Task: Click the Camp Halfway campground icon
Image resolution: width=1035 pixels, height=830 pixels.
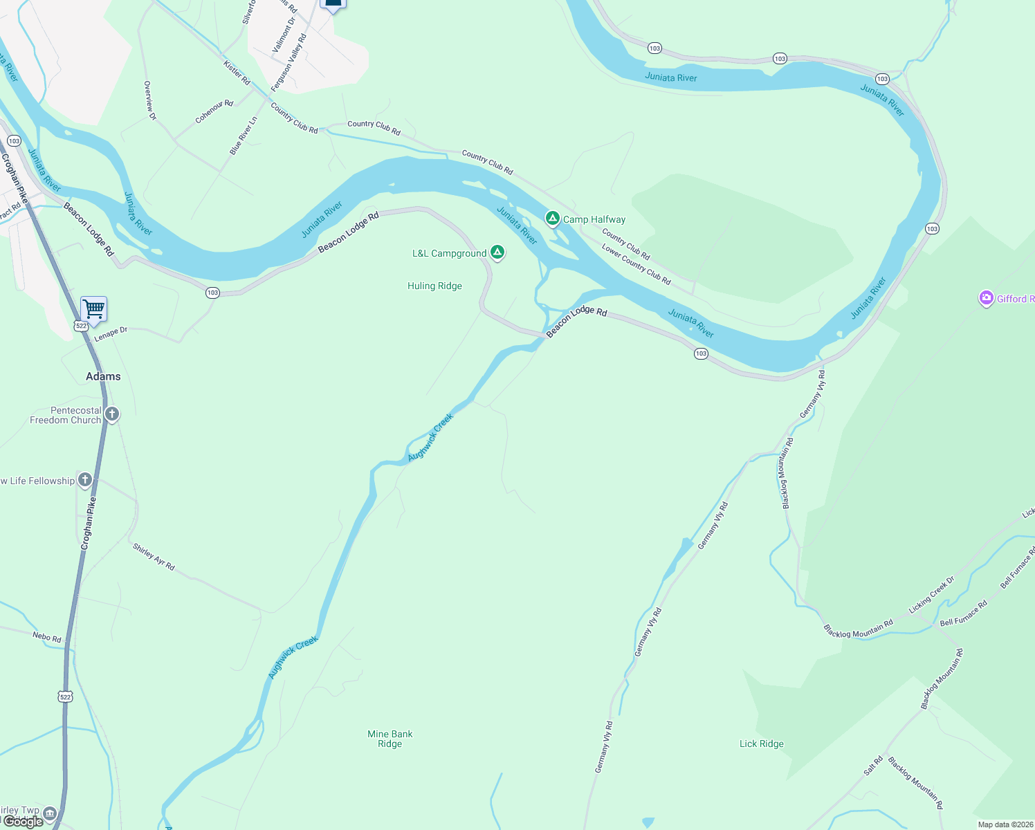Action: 552,219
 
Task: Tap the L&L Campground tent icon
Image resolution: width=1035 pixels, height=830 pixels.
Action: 497,252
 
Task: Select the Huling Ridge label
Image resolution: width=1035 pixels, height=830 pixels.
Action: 434,286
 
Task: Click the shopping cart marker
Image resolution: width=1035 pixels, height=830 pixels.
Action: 93,308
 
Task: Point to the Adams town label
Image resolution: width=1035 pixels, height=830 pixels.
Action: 103,376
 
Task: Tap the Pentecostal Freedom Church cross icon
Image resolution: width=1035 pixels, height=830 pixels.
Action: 112,414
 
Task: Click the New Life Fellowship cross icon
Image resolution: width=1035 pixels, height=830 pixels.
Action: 84,479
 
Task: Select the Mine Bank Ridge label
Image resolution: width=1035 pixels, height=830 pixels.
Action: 390,739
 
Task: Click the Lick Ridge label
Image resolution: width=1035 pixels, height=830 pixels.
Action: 761,744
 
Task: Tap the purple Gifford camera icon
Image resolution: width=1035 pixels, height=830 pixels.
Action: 986,298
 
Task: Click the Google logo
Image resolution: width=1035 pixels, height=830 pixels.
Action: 23,822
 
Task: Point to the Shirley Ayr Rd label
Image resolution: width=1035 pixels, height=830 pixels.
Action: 154,557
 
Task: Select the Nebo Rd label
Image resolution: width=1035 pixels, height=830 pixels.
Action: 46,636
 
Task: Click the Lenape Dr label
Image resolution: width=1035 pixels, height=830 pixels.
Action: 111,334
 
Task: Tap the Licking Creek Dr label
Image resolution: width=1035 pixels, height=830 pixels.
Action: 931,594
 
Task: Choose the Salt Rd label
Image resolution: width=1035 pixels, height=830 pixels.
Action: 873,766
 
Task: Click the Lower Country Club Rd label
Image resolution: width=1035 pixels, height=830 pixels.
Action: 636,264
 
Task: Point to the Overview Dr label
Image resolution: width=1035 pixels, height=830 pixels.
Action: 149,100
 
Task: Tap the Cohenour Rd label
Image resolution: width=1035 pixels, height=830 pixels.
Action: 214,111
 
